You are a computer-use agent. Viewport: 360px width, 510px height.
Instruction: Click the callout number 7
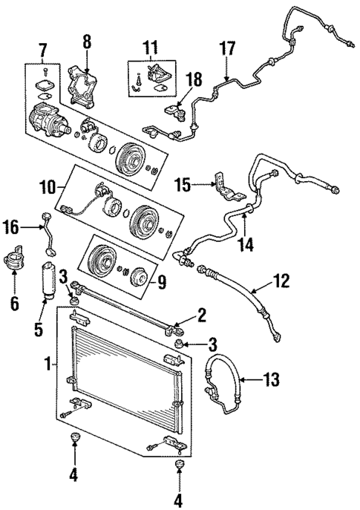tap(43, 50)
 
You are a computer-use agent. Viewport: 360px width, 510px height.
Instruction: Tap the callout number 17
tap(227, 49)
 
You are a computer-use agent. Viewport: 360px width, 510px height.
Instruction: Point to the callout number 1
tap(48, 364)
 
